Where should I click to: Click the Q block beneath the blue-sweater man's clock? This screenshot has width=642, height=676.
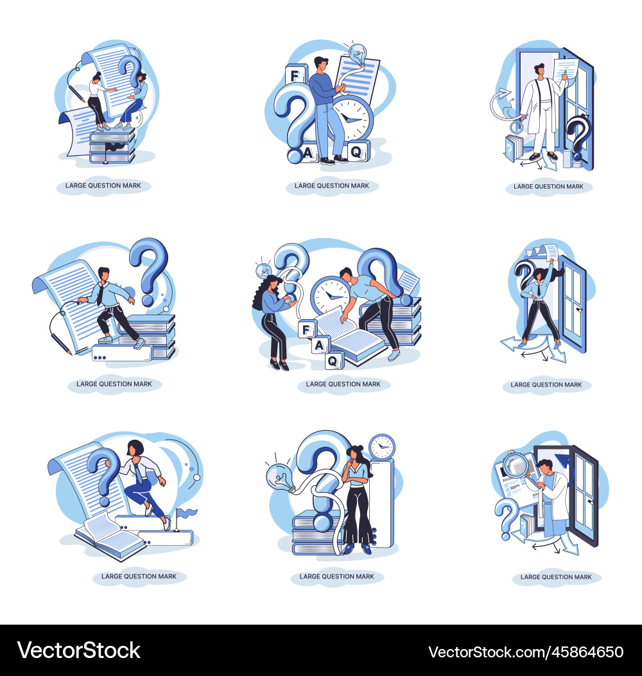358,152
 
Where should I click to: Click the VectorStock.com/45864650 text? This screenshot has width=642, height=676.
526,651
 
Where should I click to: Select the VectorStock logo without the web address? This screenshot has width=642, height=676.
79,650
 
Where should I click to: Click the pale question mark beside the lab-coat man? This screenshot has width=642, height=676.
507,517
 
